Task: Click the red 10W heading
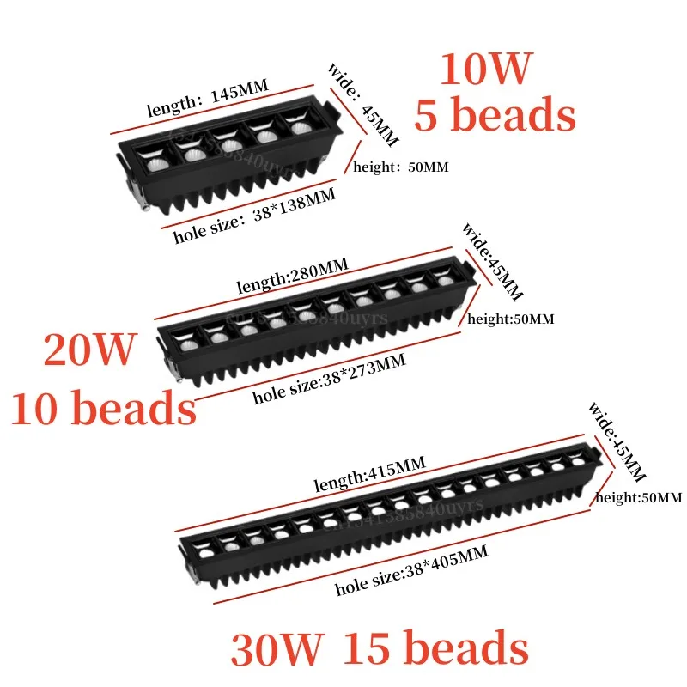pos(487,70)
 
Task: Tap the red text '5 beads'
pos(495,113)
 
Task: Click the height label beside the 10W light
pos(401,167)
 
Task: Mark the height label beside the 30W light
pos(638,497)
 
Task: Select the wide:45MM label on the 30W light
pos(616,444)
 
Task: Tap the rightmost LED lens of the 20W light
pos(444,281)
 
